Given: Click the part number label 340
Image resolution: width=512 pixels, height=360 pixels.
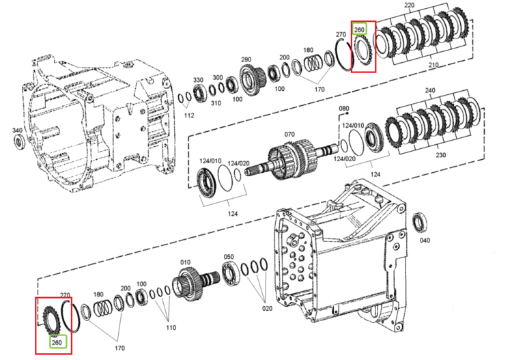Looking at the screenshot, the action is [17, 130].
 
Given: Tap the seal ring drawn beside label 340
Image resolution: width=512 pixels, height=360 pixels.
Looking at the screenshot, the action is [19, 142].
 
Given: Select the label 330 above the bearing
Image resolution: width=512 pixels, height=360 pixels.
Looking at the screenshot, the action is [198, 80].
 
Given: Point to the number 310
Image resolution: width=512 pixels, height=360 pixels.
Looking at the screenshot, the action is [216, 103].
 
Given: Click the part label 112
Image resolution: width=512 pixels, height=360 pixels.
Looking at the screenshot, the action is [188, 115].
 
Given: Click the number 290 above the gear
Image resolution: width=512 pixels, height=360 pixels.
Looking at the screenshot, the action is [246, 59].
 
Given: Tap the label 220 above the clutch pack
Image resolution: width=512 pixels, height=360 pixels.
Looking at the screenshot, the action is [409, 5].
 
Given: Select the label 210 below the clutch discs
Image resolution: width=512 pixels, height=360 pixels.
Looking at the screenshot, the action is [433, 65].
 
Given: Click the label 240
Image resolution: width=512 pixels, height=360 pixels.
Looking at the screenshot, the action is [430, 90].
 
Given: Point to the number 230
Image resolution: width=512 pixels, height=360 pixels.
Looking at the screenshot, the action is [441, 155].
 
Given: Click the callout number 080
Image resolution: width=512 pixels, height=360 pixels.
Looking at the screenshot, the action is [344, 108].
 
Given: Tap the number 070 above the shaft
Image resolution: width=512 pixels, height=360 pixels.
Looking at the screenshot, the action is [289, 135].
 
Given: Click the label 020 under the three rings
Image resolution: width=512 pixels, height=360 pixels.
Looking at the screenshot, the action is [267, 308].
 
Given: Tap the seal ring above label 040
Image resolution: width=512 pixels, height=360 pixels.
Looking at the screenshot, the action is [420, 223].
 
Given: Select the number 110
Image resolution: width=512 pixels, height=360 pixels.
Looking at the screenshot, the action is [171, 327].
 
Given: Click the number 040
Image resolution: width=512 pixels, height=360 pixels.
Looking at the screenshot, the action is [425, 240].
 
